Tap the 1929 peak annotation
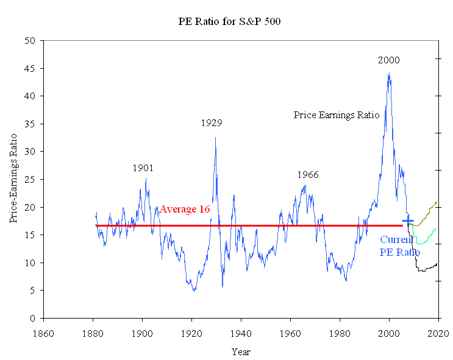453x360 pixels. tap(212, 123)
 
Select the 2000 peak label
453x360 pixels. tap(388, 60)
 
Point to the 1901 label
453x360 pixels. tap(143, 168)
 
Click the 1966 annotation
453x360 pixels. tap(308, 175)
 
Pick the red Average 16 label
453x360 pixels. tap(185, 210)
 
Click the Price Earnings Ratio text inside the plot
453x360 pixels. tap(337, 115)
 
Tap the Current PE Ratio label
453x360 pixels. tap(399, 246)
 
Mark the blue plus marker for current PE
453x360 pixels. tap(407, 221)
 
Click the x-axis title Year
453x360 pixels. tap(240, 351)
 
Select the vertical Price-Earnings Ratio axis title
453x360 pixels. tap(13, 179)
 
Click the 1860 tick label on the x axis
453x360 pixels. tap(43, 333)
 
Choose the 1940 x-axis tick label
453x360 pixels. tap(241, 333)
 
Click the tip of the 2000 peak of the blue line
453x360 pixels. tap(389, 74)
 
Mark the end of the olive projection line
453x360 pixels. tap(437, 201)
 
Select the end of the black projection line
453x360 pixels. tap(437, 264)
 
